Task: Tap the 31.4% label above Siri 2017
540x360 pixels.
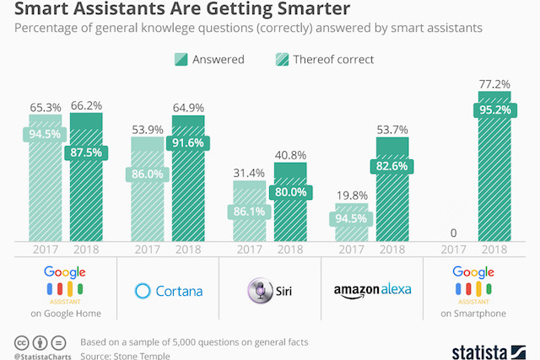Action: click(250, 174)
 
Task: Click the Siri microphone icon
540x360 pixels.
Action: click(258, 290)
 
